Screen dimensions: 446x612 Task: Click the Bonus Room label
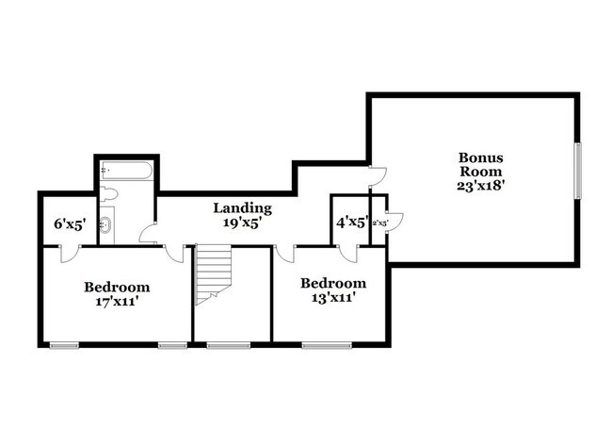coord(481,164)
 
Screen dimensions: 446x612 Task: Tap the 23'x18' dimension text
coord(481,186)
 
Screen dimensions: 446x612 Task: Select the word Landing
coord(242,207)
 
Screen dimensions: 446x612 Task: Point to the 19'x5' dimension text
coord(242,223)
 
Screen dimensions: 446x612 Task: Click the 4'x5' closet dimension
coord(352,223)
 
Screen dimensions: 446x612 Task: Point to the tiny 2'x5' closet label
coord(380,223)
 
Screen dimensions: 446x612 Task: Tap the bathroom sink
coord(106,224)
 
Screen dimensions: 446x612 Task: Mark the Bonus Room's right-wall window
coord(578,170)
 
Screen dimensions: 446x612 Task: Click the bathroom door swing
coord(147,235)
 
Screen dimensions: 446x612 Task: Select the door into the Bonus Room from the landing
coord(377,175)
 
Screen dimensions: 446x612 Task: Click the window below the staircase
coord(222,345)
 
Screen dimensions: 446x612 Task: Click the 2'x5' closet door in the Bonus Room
coord(394,222)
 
